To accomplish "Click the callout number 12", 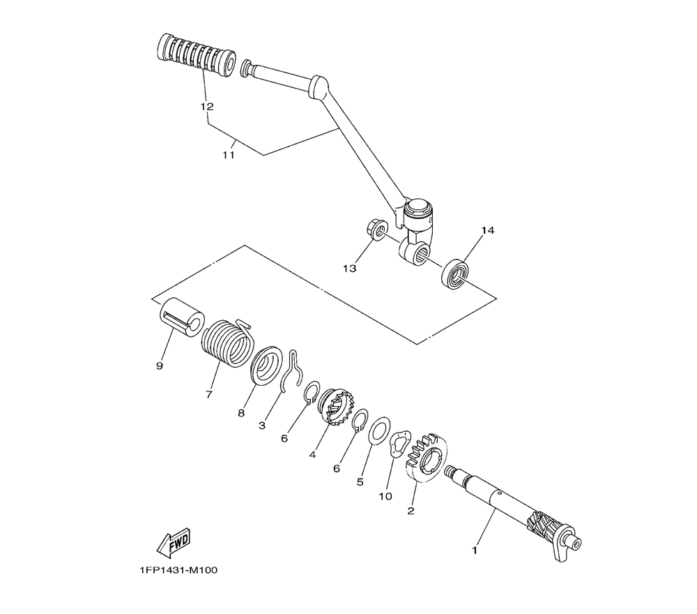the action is click(x=207, y=107).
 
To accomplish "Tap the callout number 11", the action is click(x=228, y=155).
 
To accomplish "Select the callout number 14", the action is click(x=488, y=230).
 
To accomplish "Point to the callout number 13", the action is click(x=349, y=269).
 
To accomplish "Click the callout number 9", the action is click(x=160, y=366).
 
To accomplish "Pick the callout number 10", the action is click(x=385, y=496).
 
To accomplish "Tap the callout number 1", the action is click(x=474, y=551).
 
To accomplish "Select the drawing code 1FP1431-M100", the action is click(x=178, y=570).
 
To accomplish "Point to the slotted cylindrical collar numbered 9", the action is click(x=181, y=317).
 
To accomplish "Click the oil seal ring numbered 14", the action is click(x=455, y=274).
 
